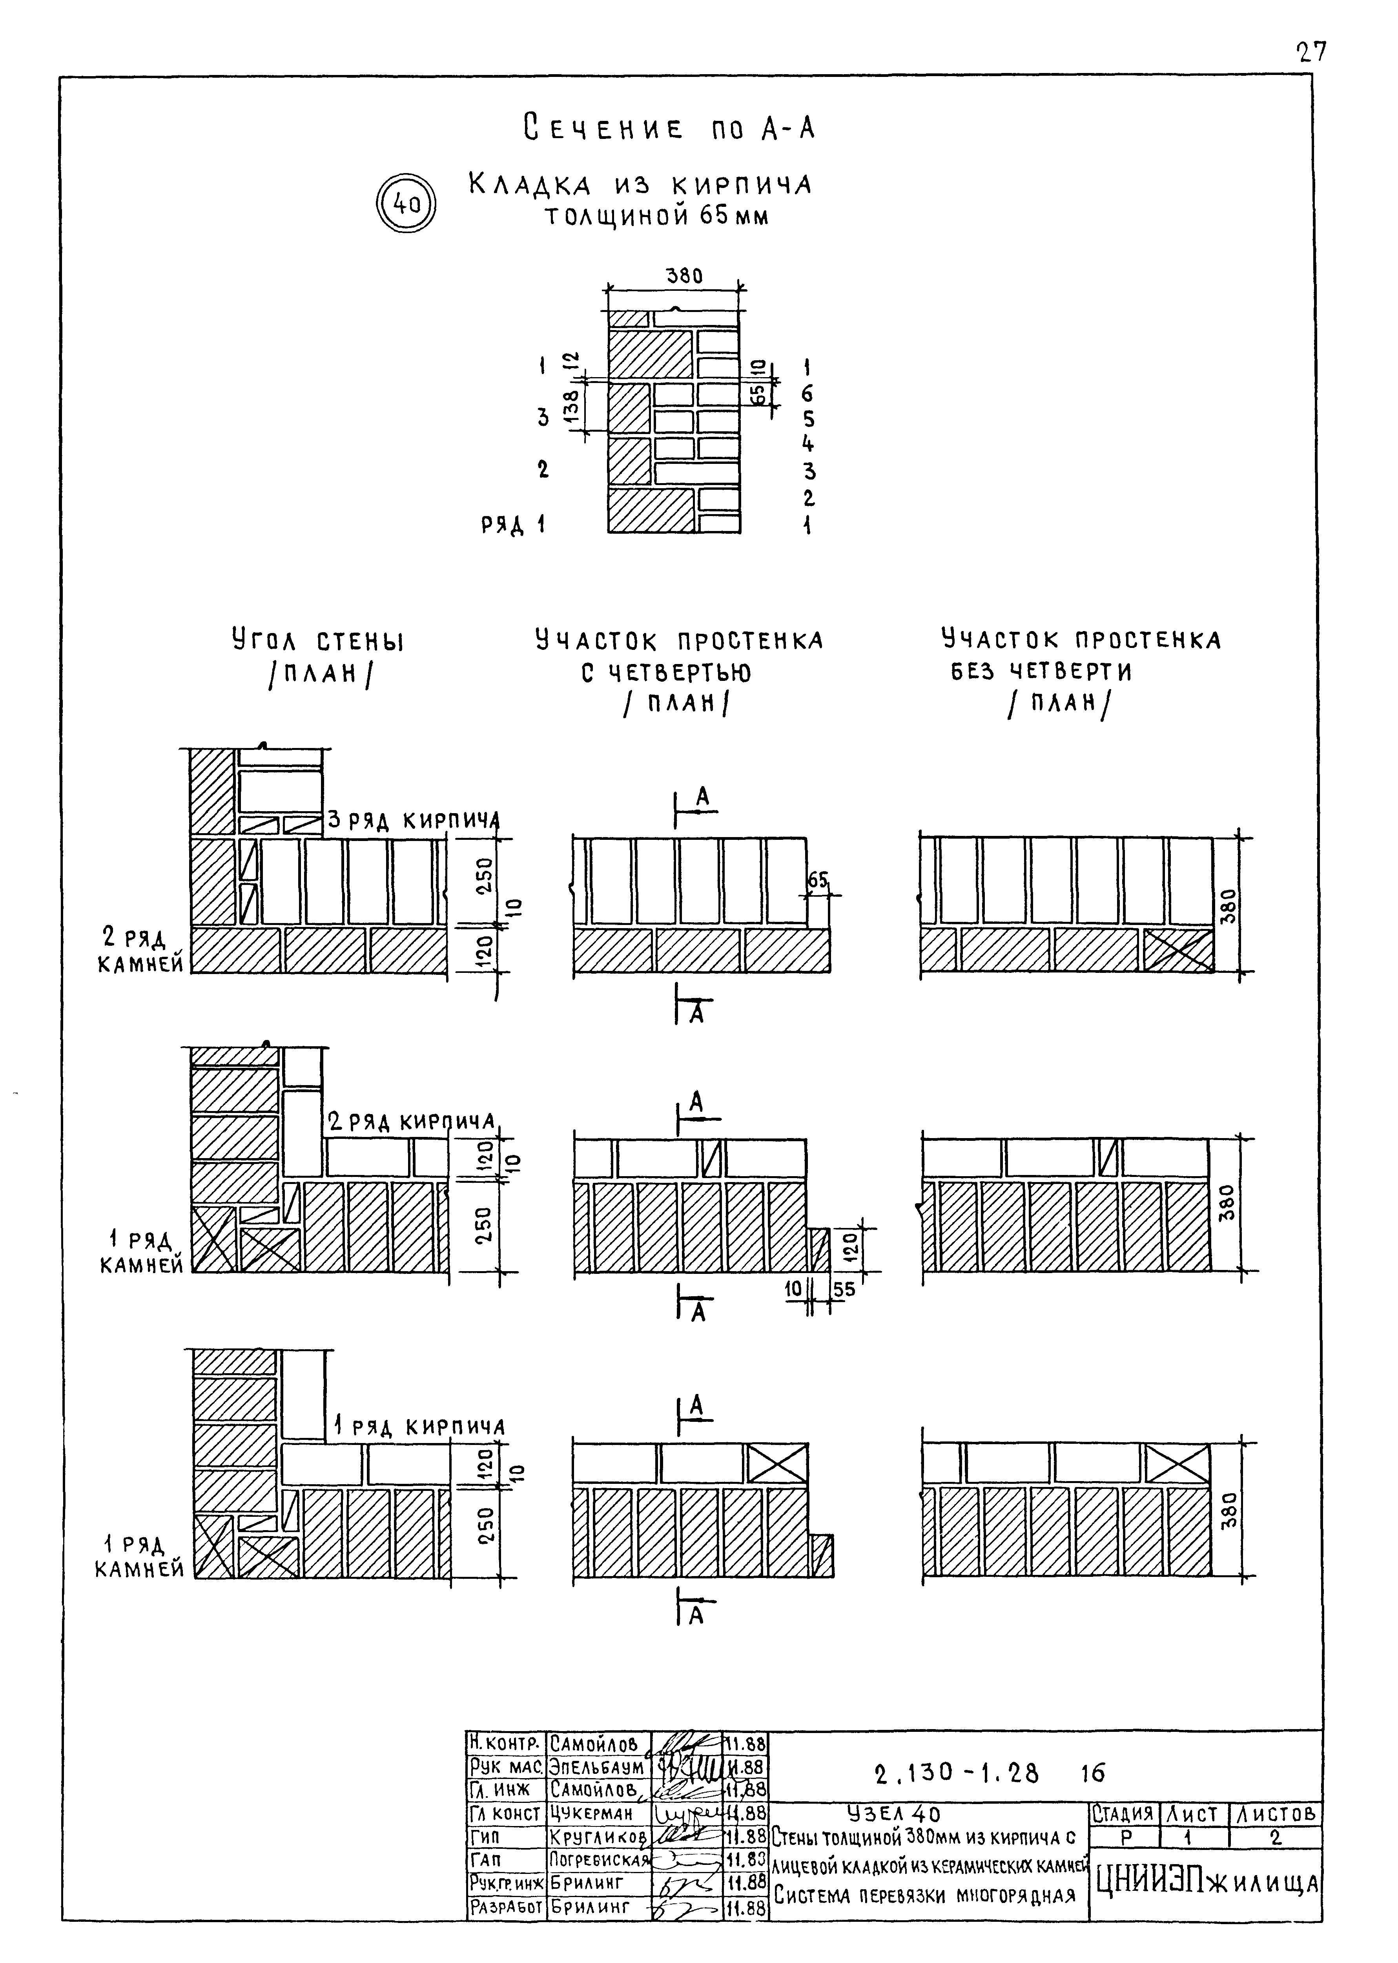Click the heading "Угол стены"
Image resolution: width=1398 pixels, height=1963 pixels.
[318, 641]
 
